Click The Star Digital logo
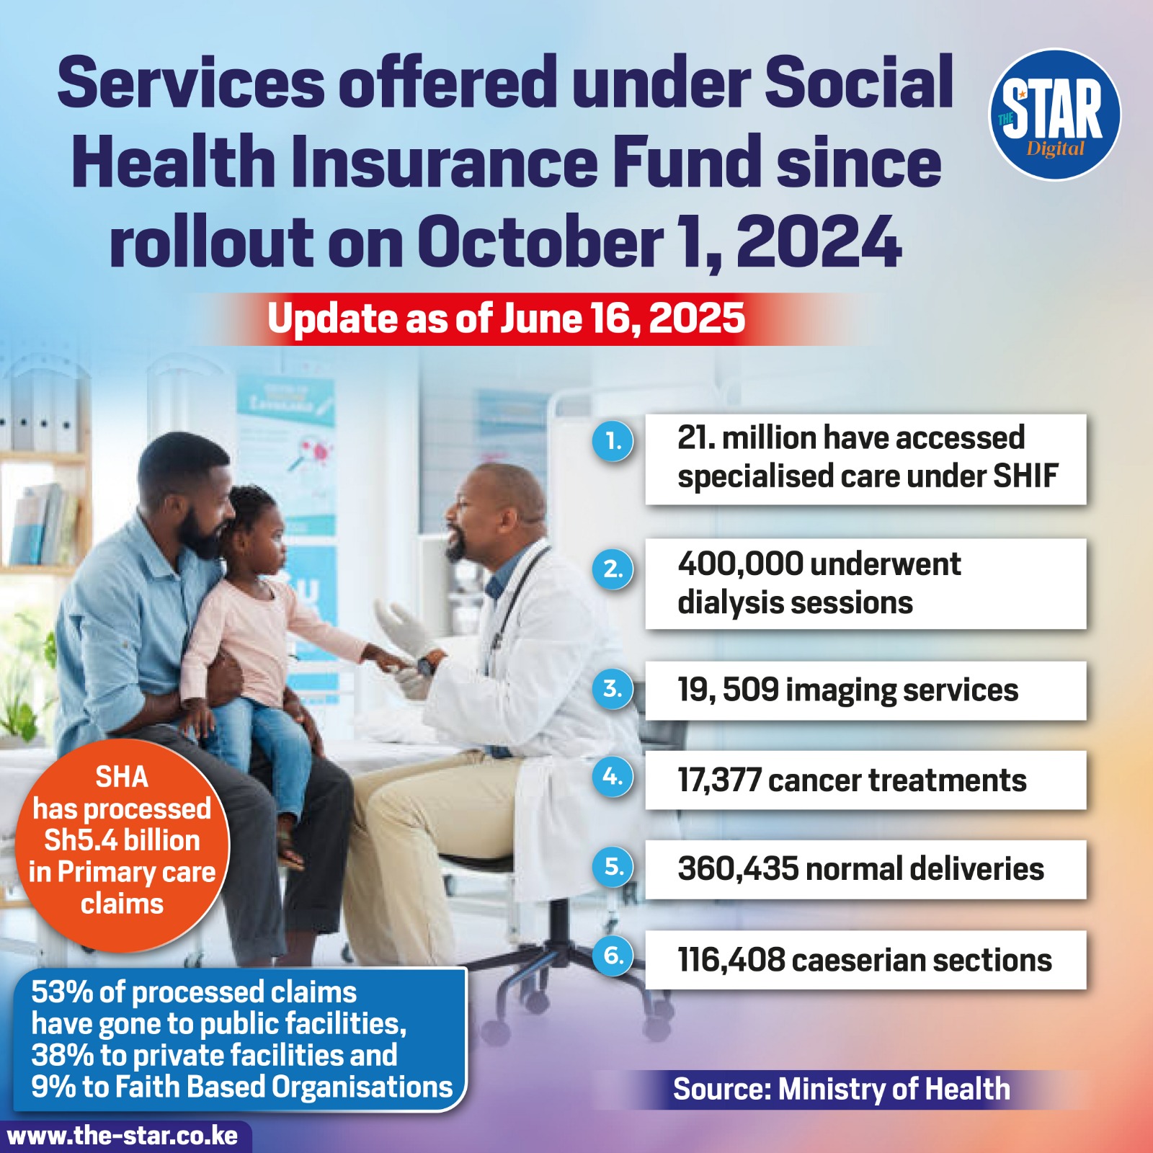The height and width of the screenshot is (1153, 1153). click(1054, 114)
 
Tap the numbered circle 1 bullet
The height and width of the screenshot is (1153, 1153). click(613, 441)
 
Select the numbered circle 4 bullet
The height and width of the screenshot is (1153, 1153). click(613, 777)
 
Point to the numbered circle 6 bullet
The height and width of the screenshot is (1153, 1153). click(613, 956)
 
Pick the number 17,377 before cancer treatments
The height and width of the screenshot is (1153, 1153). click(719, 780)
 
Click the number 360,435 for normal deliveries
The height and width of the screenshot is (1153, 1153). click(738, 869)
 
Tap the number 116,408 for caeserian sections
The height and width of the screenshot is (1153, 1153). click(731, 960)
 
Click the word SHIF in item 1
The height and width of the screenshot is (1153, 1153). click(1025, 476)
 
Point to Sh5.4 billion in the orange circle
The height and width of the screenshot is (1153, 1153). click(122, 840)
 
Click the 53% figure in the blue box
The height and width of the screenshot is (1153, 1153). click(61, 992)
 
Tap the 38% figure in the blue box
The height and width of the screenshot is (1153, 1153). click(61, 1055)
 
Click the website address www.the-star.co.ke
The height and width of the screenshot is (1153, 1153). click(123, 1136)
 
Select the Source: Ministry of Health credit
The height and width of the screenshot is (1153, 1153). click(842, 1089)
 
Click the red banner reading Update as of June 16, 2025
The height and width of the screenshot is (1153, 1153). click(506, 319)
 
